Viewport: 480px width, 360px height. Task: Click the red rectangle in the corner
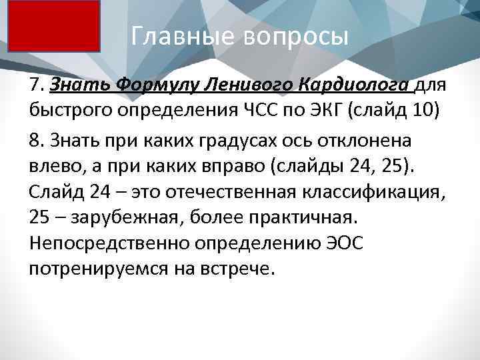pos(54,26)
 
